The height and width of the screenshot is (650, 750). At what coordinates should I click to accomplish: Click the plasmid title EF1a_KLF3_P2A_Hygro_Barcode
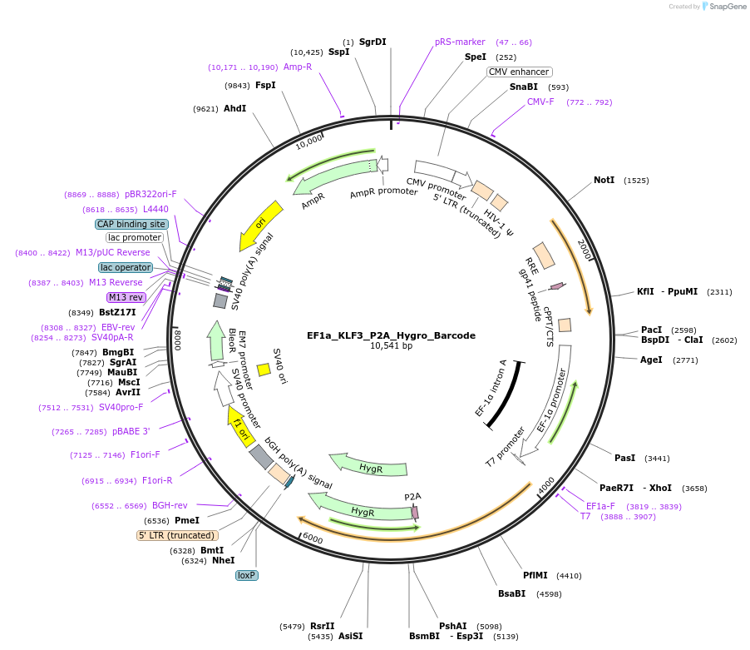pyautogui.click(x=391, y=335)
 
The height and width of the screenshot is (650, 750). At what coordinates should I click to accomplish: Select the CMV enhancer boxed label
pyautogui.click(x=520, y=72)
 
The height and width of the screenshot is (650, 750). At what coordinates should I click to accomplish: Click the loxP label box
pyautogui.click(x=247, y=575)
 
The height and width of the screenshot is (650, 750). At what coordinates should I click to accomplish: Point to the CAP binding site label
pyautogui.click(x=131, y=224)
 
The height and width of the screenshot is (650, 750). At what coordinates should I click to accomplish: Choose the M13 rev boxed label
pyautogui.click(x=126, y=297)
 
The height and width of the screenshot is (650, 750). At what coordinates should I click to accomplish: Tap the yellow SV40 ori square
pyautogui.click(x=264, y=369)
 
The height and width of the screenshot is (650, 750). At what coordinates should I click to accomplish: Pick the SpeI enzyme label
pyautogui.click(x=475, y=57)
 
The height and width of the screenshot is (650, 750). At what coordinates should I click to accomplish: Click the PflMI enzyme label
pyautogui.click(x=535, y=575)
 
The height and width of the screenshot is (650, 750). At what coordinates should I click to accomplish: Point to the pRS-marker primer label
pyautogui.click(x=460, y=42)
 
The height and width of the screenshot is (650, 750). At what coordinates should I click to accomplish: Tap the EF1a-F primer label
pyautogui.click(x=600, y=505)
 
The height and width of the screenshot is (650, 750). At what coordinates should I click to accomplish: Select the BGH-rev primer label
pyautogui.click(x=170, y=505)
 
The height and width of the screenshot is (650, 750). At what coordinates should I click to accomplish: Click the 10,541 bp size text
pyautogui.click(x=391, y=346)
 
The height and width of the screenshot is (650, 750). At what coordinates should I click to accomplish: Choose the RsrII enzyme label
pyautogui.click(x=323, y=626)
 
